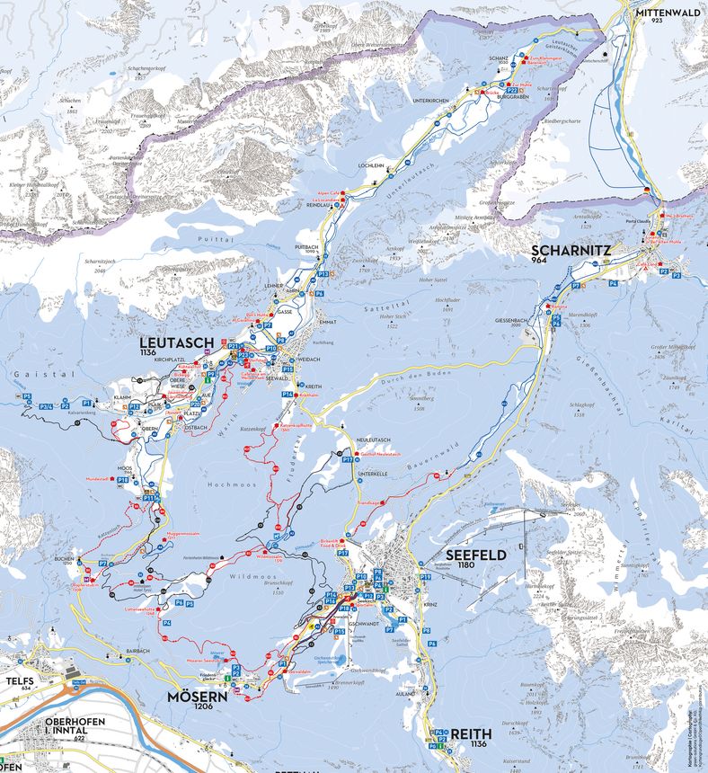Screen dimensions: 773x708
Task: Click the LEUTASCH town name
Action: click(x=176, y=342)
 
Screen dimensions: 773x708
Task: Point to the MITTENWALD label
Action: click(x=668, y=13)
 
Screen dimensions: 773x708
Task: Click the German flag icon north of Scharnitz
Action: click(x=646, y=191)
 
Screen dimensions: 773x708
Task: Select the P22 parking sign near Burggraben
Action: click(x=511, y=91)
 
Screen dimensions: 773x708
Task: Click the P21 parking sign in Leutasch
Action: click(x=233, y=345)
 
